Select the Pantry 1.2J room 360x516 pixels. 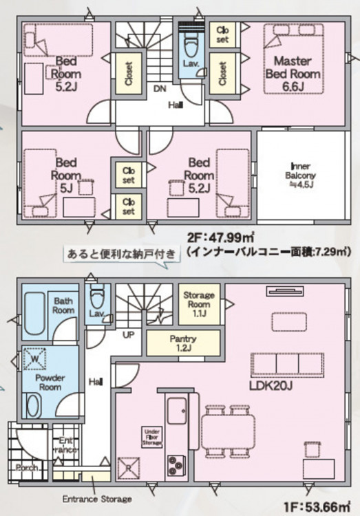[183, 343]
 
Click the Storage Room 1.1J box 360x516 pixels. [199, 304]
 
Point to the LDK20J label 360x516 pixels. [271, 386]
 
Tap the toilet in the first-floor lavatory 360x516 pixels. [96, 298]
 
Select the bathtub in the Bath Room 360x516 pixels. [34, 313]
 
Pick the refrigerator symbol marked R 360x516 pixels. [129, 467]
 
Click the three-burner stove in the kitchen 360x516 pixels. [176, 465]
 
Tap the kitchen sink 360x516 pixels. [177, 410]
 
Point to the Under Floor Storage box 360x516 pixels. [152, 437]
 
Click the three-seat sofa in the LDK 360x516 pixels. [288, 365]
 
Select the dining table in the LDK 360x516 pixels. [229, 431]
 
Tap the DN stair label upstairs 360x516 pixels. [160, 89]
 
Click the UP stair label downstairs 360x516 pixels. [129, 334]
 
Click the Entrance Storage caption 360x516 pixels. [97, 499]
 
